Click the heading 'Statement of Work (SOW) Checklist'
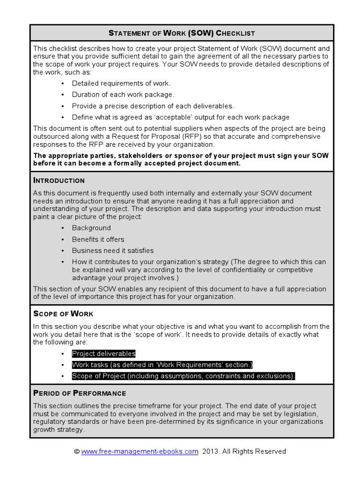pos(182,33)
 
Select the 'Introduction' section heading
pos(59,180)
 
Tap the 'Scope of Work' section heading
pos(63,314)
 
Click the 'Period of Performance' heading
pos(80,393)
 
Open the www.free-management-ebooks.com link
pos(140,451)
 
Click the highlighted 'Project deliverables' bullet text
pos(104,353)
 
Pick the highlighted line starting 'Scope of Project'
pos(184,376)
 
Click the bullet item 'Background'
pos(91,228)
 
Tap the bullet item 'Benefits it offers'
pos(98,239)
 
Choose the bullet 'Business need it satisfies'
pos(112,250)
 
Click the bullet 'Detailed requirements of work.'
pos(121,83)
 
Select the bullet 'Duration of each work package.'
pos(123,94)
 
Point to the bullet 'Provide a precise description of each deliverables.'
pos(153,106)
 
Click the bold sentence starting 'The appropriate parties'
pos(180,159)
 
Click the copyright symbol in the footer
pos(77,451)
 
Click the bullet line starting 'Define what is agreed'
pos(180,117)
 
